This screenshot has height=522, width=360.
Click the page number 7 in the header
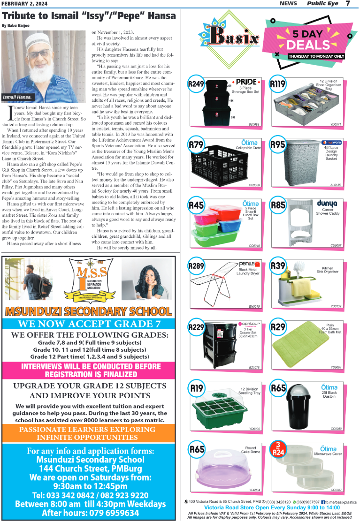(348, 4)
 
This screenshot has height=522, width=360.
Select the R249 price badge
(196, 84)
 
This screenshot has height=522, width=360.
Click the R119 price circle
(278, 84)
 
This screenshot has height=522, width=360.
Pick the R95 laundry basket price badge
(278, 145)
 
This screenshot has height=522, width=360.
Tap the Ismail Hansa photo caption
(17, 97)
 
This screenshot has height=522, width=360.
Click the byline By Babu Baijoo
(15, 25)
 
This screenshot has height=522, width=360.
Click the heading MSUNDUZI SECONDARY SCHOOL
(88, 311)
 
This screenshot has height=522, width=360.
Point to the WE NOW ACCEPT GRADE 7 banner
(89, 324)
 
